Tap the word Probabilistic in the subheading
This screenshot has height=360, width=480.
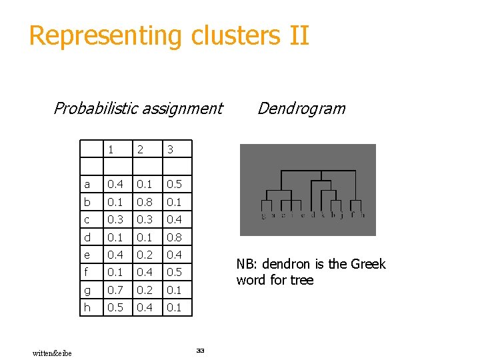tap(98, 108)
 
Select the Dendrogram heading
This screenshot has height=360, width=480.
tap(301, 108)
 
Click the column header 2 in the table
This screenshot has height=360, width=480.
tap(140, 150)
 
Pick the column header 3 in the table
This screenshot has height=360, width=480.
tap(170, 150)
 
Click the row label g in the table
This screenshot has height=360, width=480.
tap(87, 290)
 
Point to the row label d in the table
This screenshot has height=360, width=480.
tap(87, 237)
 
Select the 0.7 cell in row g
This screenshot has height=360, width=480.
tap(115, 290)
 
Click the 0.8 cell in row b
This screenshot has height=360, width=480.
tap(145, 202)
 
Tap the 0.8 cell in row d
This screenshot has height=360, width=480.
tap(175, 237)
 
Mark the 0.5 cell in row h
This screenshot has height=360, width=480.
tap(115, 307)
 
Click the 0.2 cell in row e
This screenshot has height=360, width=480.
tap(145, 255)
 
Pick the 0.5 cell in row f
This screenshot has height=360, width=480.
tap(175, 272)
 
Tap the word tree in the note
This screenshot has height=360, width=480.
tap(301, 280)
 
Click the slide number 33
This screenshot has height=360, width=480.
tap(200, 350)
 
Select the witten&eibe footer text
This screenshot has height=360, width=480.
tap(52, 352)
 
